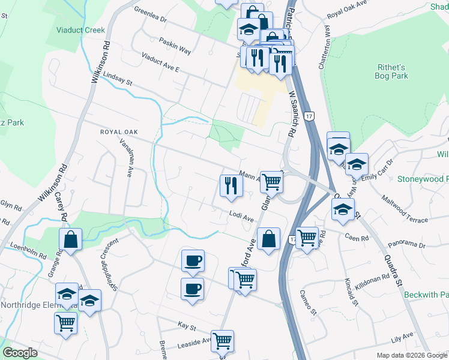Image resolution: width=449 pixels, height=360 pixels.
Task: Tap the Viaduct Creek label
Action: pyautogui.click(x=80, y=30)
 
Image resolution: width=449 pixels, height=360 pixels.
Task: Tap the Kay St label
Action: pyautogui.click(x=187, y=326)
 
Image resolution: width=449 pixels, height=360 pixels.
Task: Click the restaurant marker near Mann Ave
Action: pyautogui.click(x=231, y=185)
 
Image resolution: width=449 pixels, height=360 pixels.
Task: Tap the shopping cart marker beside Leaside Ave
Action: pyautogui.click(x=223, y=341)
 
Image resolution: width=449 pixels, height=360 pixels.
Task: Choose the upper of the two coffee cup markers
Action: pyautogui.click(x=193, y=261)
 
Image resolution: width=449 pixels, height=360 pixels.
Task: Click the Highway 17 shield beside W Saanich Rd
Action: pyautogui.click(x=309, y=115)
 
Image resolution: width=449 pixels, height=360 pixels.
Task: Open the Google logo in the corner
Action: pyautogui.click(x=20, y=353)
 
